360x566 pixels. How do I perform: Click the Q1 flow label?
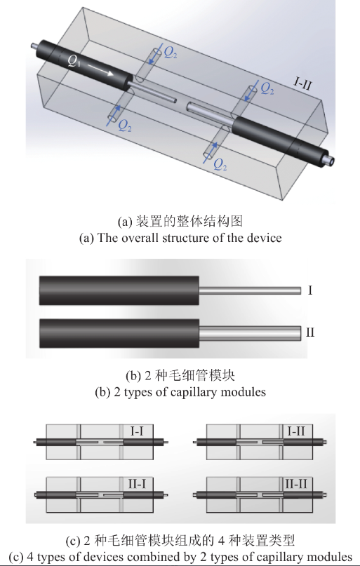73,61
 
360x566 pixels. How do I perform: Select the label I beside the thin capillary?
309,289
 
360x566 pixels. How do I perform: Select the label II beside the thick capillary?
309,332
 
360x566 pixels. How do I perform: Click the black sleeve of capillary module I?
119,290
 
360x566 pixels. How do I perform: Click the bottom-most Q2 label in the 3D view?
220,166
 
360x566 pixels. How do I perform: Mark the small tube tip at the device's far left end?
34,46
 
